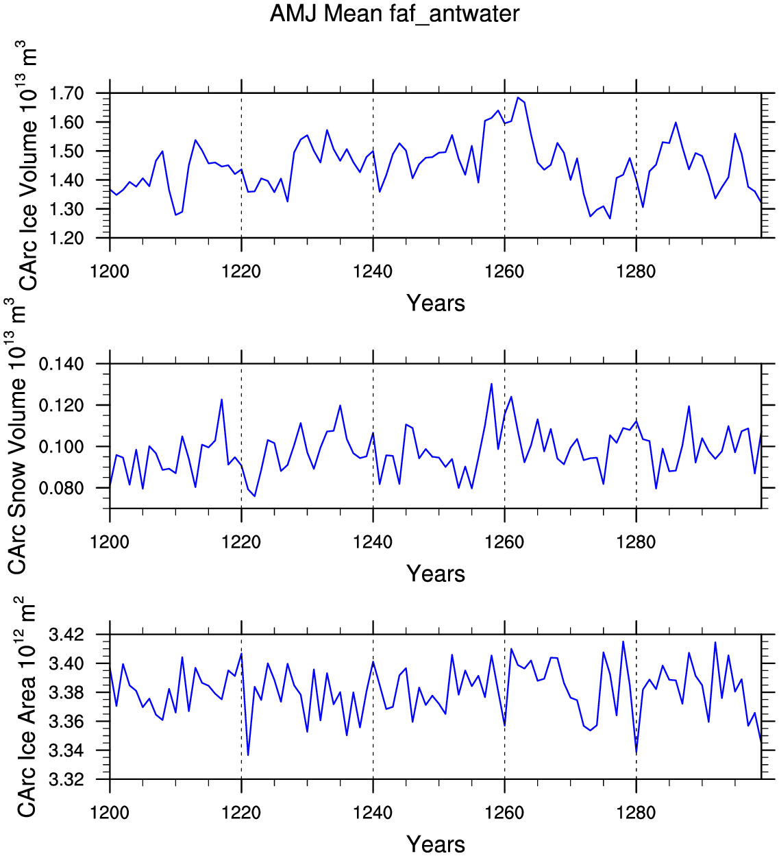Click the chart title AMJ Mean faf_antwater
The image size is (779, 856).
[x=395, y=14]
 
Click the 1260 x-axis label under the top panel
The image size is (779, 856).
[x=504, y=271]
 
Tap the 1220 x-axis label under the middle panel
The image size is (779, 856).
[x=241, y=542]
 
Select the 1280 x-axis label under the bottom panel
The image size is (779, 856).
[x=636, y=813]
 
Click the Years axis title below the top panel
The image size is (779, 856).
[x=436, y=303]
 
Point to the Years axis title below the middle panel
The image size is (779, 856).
[x=436, y=574]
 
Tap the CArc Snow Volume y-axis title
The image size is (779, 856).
[x=16, y=436]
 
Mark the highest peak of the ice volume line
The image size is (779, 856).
[x=518, y=98]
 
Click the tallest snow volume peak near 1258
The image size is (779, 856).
[x=491, y=384]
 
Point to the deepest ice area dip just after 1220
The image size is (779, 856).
[x=248, y=755]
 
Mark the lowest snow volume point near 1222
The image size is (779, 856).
[x=255, y=496]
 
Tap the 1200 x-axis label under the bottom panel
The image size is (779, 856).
[x=110, y=813]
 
